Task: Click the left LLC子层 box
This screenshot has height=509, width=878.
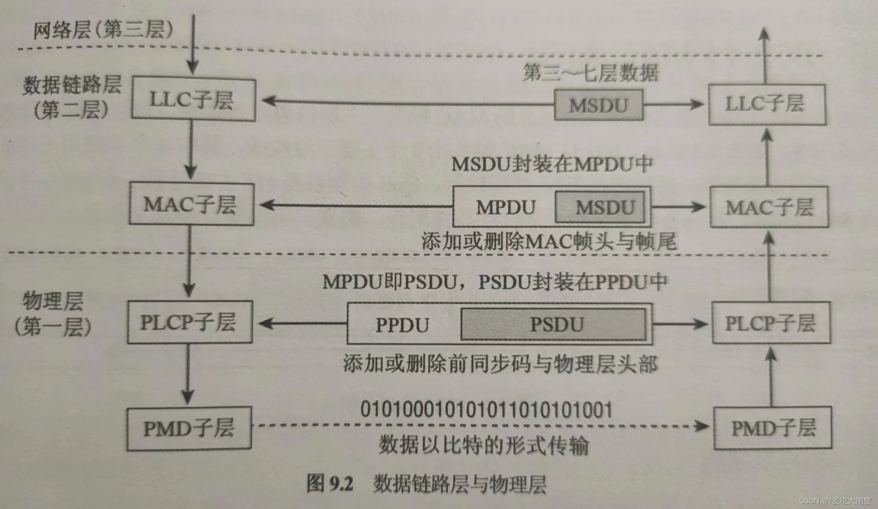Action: click(x=193, y=99)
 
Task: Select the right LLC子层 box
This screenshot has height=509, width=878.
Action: click(x=766, y=104)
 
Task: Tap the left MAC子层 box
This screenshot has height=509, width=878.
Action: click(x=191, y=204)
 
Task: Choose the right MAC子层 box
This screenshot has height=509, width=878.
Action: click(x=769, y=207)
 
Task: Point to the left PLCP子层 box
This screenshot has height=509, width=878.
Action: click(x=190, y=322)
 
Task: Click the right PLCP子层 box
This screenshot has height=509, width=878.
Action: click(x=770, y=323)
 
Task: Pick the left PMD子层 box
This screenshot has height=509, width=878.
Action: click(x=189, y=428)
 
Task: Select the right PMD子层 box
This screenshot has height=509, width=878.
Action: click(x=773, y=428)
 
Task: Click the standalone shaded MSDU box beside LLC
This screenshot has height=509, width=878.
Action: click(x=598, y=105)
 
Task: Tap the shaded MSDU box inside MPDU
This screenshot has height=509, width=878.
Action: click(x=600, y=207)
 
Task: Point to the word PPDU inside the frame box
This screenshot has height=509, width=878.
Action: click(x=402, y=325)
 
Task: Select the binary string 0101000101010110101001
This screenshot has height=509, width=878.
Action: click(x=486, y=410)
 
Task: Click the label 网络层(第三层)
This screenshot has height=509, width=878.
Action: click(x=103, y=30)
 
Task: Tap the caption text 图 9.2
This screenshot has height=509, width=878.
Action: click(x=330, y=484)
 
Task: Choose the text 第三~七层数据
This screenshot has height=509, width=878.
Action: click(x=590, y=73)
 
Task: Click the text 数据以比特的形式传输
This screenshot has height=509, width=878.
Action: click(x=483, y=445)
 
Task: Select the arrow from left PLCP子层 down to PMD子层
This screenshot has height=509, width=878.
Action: click(x=188, y=374)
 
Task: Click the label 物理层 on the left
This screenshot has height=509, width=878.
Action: click(x=53, y=301)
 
